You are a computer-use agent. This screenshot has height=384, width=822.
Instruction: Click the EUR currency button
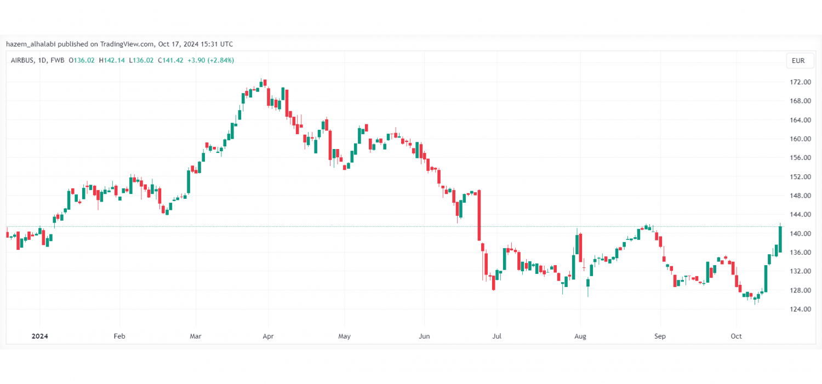[798, 61]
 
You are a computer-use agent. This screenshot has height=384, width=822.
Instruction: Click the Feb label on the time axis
[119, 336]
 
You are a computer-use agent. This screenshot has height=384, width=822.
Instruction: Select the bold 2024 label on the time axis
[39, 336]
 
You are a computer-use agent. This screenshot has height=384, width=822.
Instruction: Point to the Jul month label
[496, 336]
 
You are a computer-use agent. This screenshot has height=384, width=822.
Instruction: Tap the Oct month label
[736, 336]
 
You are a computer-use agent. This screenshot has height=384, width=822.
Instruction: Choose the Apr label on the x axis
[268, 336]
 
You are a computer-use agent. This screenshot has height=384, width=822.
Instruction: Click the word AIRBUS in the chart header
[22, 60]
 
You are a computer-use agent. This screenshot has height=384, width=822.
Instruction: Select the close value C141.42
[170, 60]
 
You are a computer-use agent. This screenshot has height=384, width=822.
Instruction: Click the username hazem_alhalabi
[31, 44]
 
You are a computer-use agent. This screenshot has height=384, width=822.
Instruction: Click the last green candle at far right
[780, 239]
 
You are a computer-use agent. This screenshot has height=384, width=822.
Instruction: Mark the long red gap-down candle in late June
[479, 215]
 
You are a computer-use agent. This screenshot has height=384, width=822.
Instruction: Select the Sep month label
[660, 336]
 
